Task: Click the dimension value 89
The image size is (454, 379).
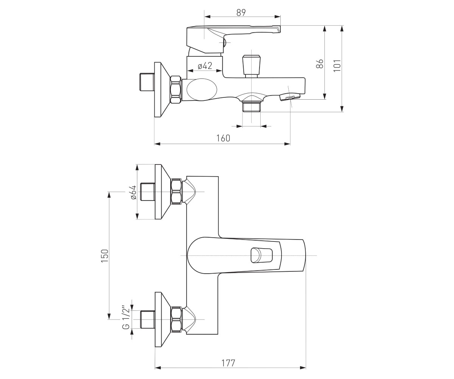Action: click(241, 13)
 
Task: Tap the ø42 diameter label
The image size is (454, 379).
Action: click(205, 66)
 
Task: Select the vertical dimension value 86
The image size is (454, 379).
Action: click(320, 64)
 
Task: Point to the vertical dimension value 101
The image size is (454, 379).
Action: click(337, 66)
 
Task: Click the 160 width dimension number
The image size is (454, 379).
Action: click(223, 138)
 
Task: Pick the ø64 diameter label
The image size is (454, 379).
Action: click(133, 192)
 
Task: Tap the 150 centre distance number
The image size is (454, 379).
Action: click(104, 256)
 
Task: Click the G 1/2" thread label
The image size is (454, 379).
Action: click(126, 318)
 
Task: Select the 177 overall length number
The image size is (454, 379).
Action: click(228, 363)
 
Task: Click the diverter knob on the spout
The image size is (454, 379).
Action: click(251, 66)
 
